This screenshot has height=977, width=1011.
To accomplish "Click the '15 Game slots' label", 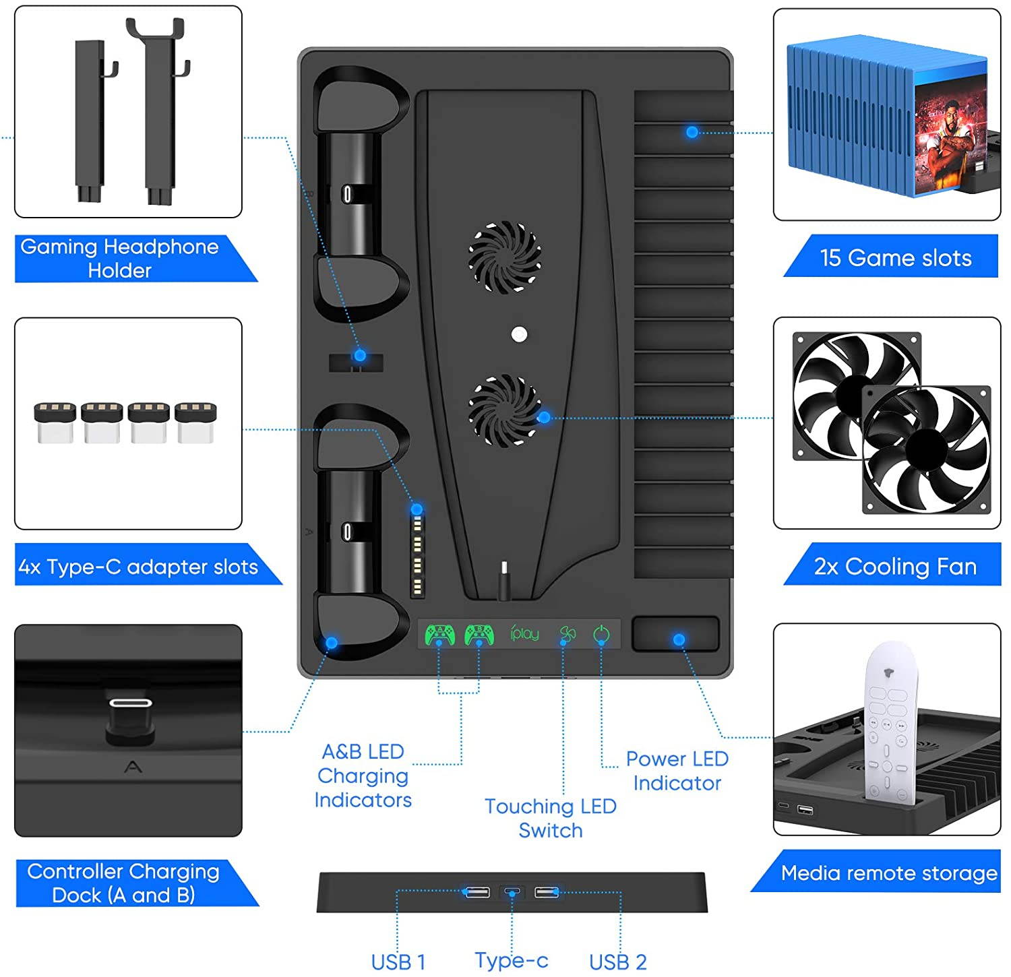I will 895,257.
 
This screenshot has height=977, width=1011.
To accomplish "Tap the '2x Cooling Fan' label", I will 895,566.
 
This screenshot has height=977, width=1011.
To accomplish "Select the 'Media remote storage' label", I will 888,873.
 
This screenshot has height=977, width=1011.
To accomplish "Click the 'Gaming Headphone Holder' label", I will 119,258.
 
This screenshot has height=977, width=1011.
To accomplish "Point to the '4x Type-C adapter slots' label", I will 138,567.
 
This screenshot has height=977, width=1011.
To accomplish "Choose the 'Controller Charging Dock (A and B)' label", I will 123,883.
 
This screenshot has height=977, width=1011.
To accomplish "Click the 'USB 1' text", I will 398,962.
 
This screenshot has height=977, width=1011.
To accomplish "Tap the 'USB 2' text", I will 617,962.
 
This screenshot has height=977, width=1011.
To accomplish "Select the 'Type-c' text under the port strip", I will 512,959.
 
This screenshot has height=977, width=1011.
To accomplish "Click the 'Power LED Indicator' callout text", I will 677,771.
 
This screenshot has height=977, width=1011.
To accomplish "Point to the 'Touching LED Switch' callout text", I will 551,818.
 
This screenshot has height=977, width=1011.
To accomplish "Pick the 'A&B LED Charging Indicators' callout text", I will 363,776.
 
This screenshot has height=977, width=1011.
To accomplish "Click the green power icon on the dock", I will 601,634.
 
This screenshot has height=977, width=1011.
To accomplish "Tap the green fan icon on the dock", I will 568,634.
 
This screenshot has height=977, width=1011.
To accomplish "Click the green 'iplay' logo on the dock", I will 524,633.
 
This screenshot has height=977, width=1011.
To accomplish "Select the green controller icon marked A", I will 439,634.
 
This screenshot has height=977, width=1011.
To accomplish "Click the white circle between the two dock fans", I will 519,334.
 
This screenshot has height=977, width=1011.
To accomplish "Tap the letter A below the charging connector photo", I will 133,767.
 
